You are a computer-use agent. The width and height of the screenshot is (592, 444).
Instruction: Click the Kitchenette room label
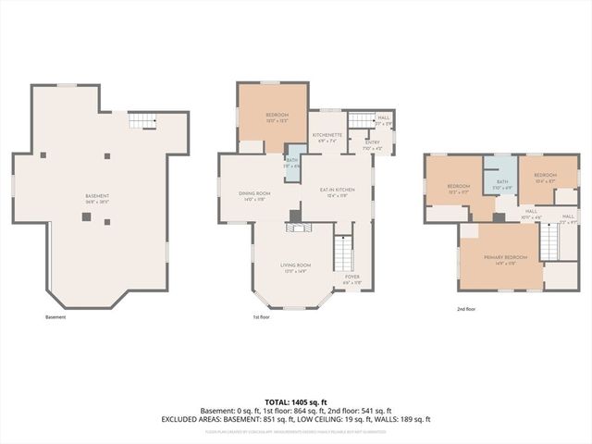tap(327, 136)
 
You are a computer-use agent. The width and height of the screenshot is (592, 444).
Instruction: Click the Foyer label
tap(352, 278)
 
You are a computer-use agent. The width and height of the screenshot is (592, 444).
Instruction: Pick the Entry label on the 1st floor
tap(372, 144)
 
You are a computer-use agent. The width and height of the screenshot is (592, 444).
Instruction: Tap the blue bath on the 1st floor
tap(293, 162)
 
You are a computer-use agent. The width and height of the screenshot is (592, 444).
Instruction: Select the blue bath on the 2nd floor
tap(502, 184)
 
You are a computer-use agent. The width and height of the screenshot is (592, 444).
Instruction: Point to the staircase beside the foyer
tap(343, 250)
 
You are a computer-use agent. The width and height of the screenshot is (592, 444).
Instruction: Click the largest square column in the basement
tap(86, 216)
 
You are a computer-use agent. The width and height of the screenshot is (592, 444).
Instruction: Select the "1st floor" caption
tap(261, 317)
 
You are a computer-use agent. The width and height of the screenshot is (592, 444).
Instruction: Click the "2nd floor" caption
tap(466, 310)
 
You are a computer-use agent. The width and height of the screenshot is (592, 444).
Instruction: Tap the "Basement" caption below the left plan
tap(55, 317)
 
